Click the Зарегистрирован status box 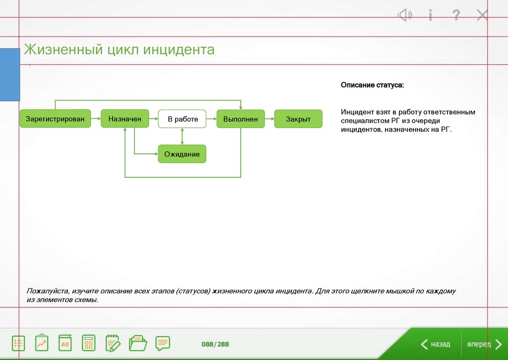[x=55, y=119]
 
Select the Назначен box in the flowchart [x=125, y=119]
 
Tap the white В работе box [x=183, y=119]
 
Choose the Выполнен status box [x=240, y=119]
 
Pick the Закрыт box [x=298, y=119]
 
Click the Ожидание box [x=182, y=154]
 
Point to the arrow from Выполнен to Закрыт [x=269, y=119]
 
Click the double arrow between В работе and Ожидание [x=183, y=136]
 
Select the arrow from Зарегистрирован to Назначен [x=96, y=119]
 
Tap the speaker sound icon [x=405, y=15]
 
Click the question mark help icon [x=456, y=15]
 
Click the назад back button [x=436, y=344]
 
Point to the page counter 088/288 [x=215, y=344]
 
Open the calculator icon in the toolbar [x=89, y=343]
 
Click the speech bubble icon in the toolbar [x=162, y=343]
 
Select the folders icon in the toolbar [x=138, y=343]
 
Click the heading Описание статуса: [x=372, y=85]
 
